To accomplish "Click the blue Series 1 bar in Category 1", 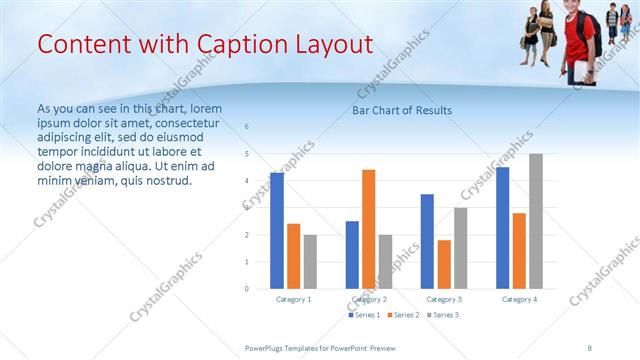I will click(x=277, y=231).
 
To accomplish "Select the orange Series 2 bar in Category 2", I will click(x=368, y=229).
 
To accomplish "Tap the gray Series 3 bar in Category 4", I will click(x=535, y=221).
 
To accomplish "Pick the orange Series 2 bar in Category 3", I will click(x=444, y=264).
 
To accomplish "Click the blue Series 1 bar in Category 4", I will click(x=502, y=228).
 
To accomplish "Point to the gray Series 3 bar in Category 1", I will click(x=310, y=262).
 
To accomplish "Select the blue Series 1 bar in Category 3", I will click(x=427, y=241).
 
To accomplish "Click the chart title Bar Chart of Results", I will click(x=402, y=110).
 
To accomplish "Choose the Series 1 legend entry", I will click(x=364, y=315).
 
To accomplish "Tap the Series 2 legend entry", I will click(x=403, y=315).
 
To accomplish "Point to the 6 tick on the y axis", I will click(x=247, y=127).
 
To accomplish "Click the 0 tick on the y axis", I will click(x=247, y=289).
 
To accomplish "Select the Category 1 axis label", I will click(x=293, y=299).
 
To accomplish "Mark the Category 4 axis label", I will click(x=518, y=299).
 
